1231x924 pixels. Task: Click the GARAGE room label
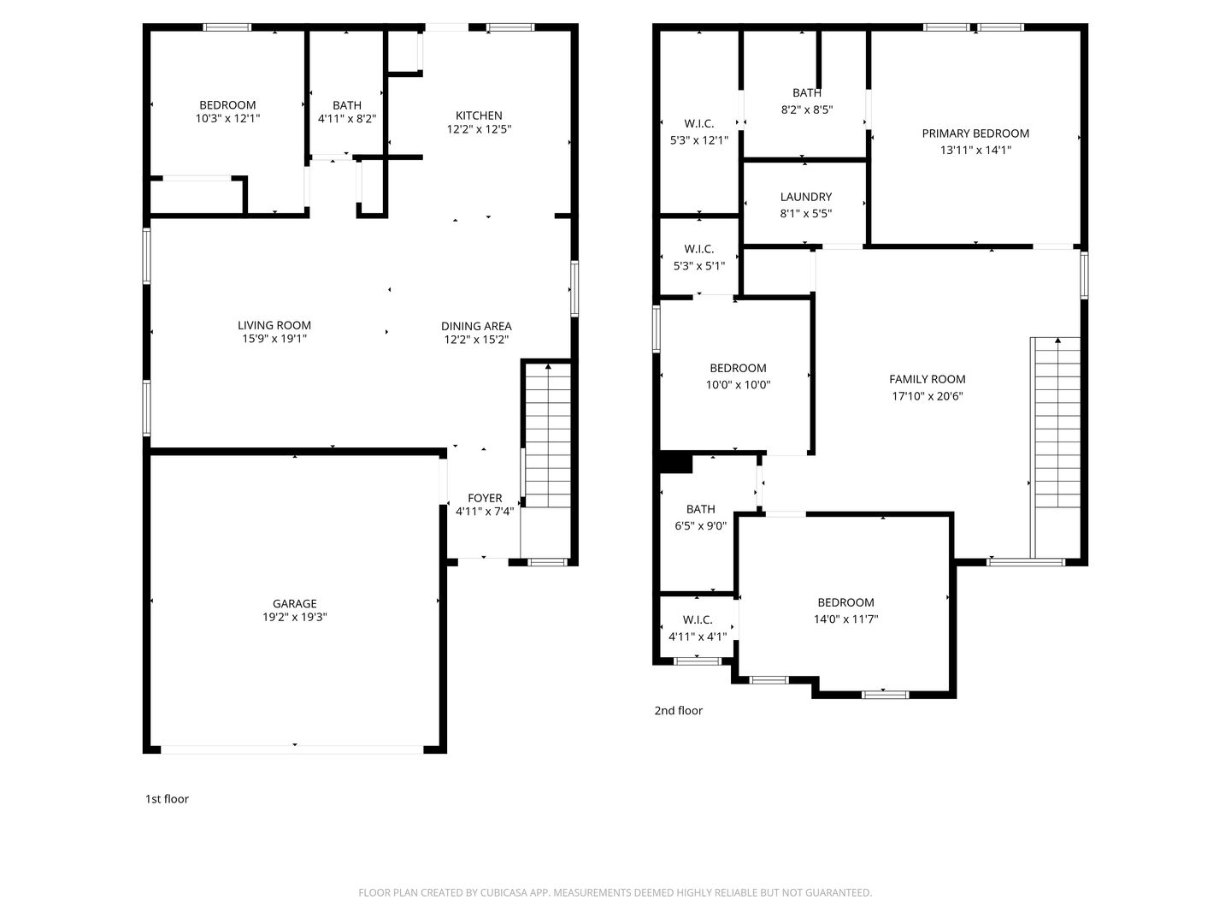coord(294,604)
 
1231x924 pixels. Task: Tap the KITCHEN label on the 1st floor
coord(479,115)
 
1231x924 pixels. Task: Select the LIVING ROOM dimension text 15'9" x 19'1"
coord(274,339)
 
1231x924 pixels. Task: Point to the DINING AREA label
coord(476,326)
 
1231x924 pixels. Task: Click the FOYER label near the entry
coord(485,498)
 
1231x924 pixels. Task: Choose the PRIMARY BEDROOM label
coord(975,133)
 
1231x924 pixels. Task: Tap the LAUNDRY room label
coord(806,197)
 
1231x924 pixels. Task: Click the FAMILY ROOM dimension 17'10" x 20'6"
coord(927,396)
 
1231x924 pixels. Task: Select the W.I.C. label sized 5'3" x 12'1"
coord(698,124)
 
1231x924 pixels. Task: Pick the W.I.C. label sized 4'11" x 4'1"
coord(698,620)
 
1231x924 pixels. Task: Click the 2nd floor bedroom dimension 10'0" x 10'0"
coord(738,385)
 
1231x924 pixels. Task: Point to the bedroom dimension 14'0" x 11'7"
coord(845,619)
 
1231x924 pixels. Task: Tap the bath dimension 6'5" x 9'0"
coord(700,525)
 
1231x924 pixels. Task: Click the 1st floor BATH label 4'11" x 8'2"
coord(346,105)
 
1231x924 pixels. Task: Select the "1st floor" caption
coord(167,799)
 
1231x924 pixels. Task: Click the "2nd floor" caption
coord(679,710)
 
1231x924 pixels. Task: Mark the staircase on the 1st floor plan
coord(548,435)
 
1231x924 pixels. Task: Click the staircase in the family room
coord(1057,423)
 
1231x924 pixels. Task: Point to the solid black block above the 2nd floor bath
coord(676,463)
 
